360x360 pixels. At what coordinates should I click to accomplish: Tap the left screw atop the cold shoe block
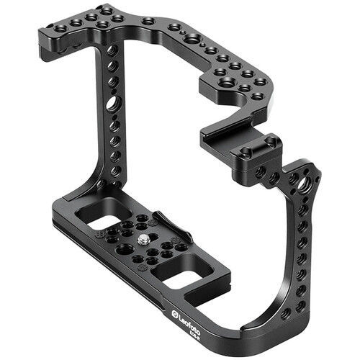[246, 153]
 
